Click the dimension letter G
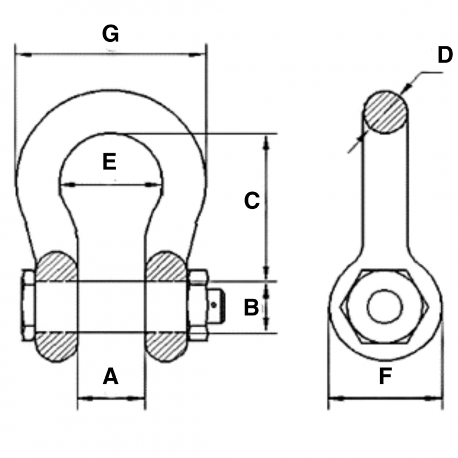[110, 34]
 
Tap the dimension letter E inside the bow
[109, 161]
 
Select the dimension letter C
[252, 200]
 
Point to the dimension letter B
[251, 307]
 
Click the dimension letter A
[110, 376]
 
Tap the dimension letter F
[385, 376]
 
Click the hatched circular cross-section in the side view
[385, 112]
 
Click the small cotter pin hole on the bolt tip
[214, 305]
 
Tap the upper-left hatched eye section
[56, 266]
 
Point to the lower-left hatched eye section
[56, 347]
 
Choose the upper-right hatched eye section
[165, 266]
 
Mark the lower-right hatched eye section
[165, 347]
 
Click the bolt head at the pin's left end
[28, 306]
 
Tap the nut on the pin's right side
[198, 305]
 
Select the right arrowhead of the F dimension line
[433, 398]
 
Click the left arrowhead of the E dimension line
[68, 184]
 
